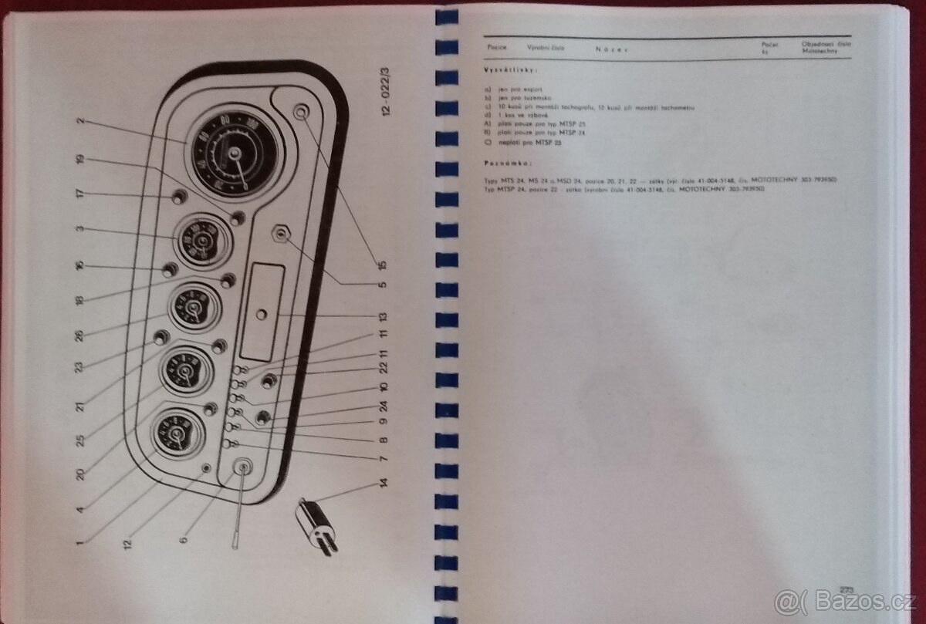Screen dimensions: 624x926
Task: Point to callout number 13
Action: click(x=383, y=316)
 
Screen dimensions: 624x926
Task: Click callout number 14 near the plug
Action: click(x=384, y=487)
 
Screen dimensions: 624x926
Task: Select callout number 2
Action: click(x=79, y=122)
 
